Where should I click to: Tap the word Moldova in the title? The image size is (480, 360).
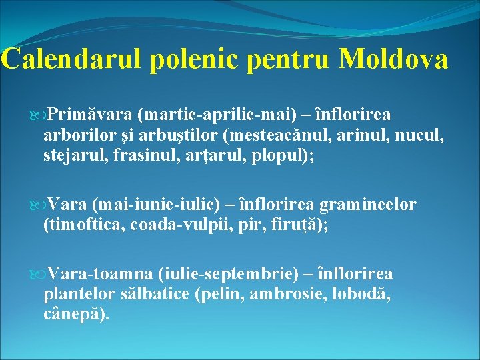click(393, 59)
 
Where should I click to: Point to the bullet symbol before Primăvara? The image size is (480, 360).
click(37, 115)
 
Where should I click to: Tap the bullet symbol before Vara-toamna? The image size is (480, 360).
click(37, 274)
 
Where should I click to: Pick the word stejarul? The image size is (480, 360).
click(73, 159)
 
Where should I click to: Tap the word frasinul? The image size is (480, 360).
click(145, 159)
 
